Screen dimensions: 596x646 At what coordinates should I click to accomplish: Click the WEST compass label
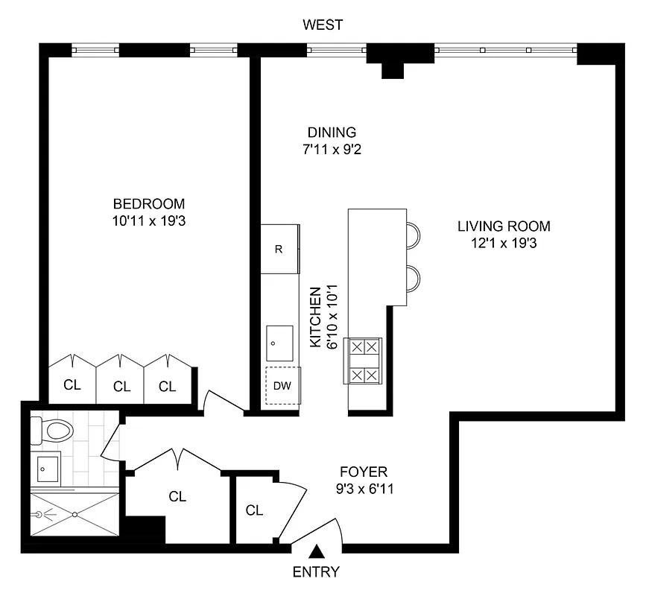323,25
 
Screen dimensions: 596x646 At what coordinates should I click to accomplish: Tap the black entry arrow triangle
317,552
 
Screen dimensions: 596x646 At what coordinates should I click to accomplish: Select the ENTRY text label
316,572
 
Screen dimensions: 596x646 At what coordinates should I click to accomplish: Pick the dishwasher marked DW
282,386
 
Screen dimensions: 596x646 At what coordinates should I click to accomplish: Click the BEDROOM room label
149,204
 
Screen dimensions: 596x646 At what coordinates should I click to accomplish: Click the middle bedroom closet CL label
121,387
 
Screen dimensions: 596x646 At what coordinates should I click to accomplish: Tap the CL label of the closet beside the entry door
254,510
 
